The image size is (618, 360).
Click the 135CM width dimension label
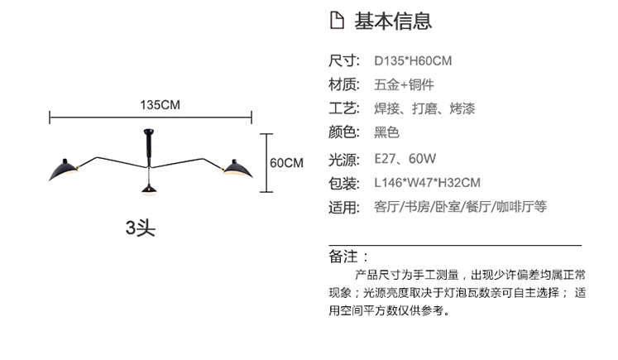tap(160, 104)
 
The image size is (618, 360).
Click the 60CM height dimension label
tap(287, 162)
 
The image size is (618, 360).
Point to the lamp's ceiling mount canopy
tap(150, 132)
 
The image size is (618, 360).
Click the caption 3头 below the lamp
tap(140, 226)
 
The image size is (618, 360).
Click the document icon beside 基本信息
tap(336, 21)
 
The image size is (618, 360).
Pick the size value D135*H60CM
tap(413, 60)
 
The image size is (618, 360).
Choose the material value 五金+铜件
tap(405, 84)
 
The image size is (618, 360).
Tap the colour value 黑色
tap(386, 132)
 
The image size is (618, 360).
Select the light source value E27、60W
tap(405, 157)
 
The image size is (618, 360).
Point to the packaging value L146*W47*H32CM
tap(427, 182)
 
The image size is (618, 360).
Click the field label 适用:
tap(344, 207)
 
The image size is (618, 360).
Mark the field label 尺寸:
tap(344, 60)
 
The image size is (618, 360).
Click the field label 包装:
tap(344, 182)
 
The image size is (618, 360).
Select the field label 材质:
tap(344, 84)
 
